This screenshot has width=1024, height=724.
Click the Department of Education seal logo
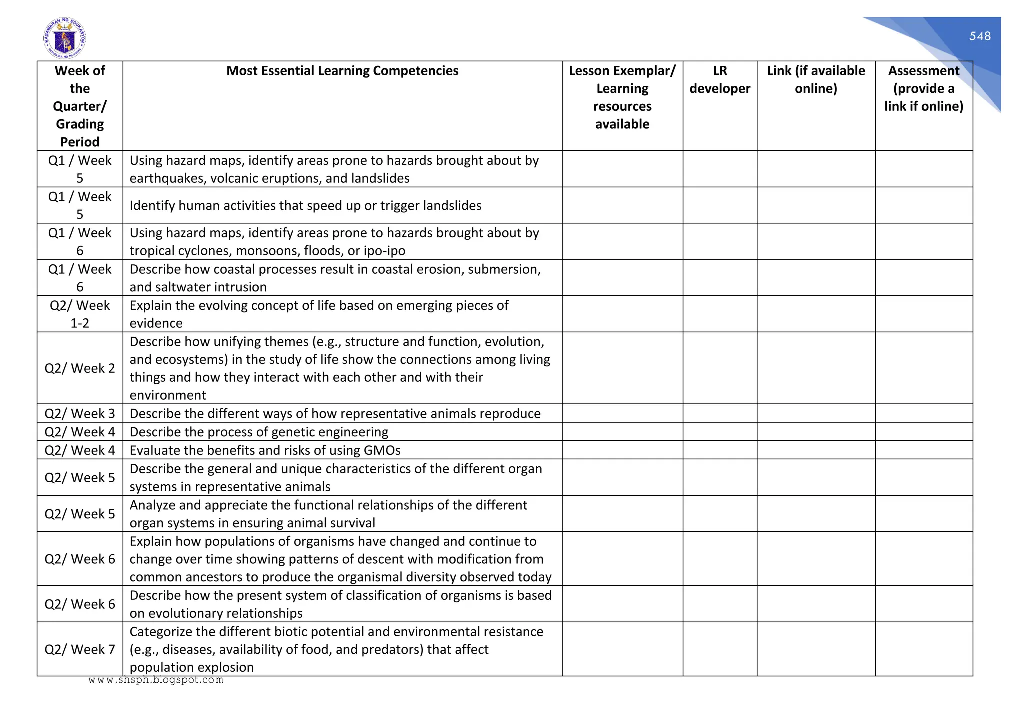tap(64, 38)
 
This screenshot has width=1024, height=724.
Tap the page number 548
tap(979, 36)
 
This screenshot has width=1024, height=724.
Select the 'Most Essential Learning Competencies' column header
tap(342, 71)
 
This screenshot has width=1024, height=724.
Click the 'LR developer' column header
tap(719, 80)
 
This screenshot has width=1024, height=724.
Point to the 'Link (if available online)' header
tap(815, 80)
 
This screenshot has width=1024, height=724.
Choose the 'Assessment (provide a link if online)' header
tap(923, 88)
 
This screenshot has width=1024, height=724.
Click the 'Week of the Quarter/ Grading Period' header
tap(80, 106)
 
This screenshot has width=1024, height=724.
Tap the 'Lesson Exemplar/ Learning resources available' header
tap(622, 97)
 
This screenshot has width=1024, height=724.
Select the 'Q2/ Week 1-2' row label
tap(80, 314)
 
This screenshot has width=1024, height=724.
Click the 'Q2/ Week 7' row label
tap(80, 649)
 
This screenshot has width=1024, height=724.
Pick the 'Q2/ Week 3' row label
tap(80, 413)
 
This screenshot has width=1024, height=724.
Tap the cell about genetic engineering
tap(259, 432)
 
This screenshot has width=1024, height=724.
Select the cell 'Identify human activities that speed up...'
tap(305, 206)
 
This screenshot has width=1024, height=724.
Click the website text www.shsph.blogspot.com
tap(156, 680)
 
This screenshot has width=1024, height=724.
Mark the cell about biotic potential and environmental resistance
tap(336, 649)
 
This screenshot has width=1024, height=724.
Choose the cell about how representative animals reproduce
tap(335, 413)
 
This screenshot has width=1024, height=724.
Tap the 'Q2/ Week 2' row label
tap(80, 368)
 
